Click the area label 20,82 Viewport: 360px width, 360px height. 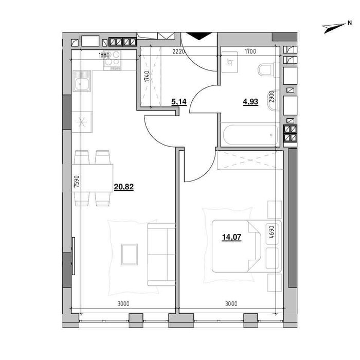124,187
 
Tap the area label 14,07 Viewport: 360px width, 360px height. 231,237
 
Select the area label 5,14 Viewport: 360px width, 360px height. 179,101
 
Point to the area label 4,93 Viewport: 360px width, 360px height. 250,101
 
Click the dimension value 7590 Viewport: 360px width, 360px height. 77,182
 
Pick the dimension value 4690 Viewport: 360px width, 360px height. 272,232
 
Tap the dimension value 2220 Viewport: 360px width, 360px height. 178,51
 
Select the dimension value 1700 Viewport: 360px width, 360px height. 250,51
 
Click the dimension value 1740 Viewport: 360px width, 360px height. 147,77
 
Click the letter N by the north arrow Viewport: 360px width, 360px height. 350,23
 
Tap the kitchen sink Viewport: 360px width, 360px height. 82,81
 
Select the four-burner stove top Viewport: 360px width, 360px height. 112,60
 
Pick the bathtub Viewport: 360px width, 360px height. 250,135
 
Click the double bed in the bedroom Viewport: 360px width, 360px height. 246,246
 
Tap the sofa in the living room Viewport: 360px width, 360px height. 161,254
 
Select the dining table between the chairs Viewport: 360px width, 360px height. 92,178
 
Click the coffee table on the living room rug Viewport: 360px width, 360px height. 130,255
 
